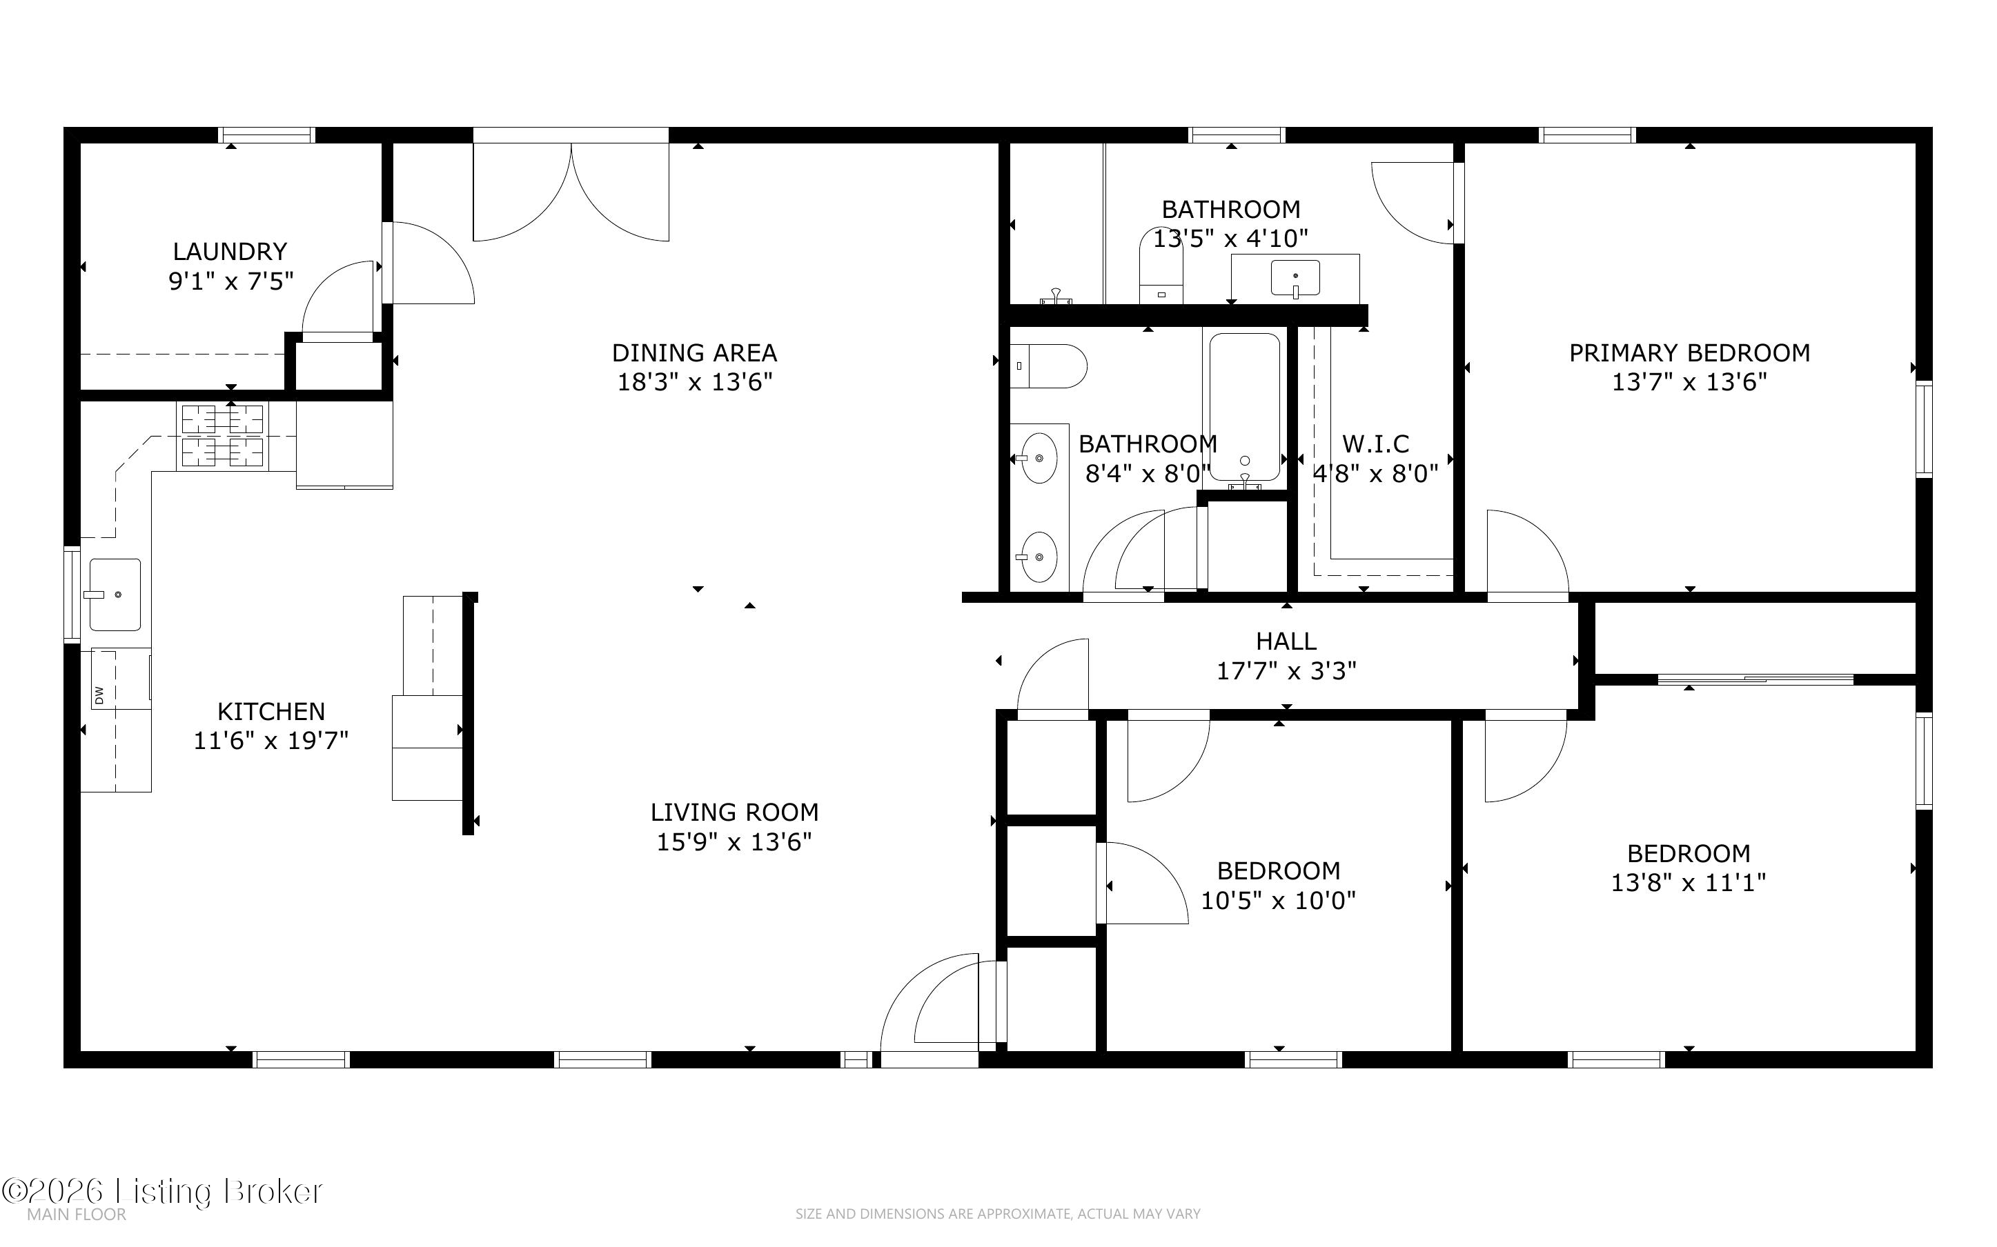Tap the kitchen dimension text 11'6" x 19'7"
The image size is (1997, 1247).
[270, 741]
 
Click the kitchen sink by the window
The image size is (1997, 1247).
[115, 594]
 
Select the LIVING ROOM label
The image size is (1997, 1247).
[734, 812]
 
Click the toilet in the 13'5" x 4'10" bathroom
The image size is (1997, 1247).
[1161, 266]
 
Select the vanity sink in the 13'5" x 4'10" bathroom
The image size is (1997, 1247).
[1295, 278]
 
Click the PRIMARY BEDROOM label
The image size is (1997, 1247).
[1689, 353]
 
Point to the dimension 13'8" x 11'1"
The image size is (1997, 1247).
[1688, 882]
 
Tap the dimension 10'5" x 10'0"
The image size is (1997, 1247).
[1278, 900]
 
